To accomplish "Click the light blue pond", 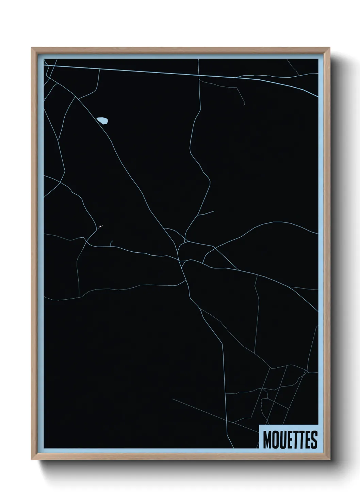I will click(x=102, y=120).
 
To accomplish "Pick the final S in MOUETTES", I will click(x=314, y=440).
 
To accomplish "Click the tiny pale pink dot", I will click(x=100, y=226).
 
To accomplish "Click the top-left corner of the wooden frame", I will click(x=32, y=48).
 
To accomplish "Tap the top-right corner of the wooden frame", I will click(x=330, y=48).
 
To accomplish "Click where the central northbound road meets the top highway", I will click(x=198, y=74).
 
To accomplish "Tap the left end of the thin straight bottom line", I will click(x=173, y=399).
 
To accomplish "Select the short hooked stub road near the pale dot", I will click(x=111, y=242).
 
